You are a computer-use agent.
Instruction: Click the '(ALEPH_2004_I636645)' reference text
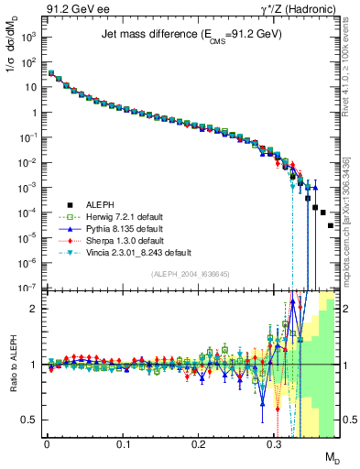pyautogui.click(x=191, y=274)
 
